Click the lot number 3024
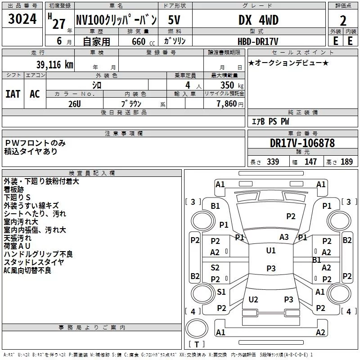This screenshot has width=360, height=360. click(x=22, y=19)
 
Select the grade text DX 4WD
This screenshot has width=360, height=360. click(x=258, y=20)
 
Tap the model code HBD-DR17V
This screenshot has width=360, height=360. click(x=258, y=41)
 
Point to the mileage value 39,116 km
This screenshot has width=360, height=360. click(x=54, y=65)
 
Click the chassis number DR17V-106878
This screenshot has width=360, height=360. click(x=302, y=143)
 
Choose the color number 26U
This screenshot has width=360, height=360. click(x=75, y=104)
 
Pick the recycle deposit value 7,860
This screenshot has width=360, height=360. click(x=227, y=104)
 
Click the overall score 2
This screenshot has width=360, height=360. click(x=343, y=21)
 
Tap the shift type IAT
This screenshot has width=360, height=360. click(x=13, y=94)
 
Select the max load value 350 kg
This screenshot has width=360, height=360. click(x=232, y=85)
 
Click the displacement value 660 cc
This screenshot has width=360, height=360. click(x=143, y=41)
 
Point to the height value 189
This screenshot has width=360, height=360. click(x=346, y=162)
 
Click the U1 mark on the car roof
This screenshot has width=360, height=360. click(x=271, y=251)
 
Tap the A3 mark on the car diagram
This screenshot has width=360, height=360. click(x=284, y=237)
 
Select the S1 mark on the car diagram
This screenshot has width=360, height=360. click(x=221, y=292)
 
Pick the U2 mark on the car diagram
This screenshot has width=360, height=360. click(x=253, y=299)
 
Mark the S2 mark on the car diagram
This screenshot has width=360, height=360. click(x=215, y=267)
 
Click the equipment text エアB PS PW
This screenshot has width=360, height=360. click(x=270, y=121)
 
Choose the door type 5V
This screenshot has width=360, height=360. click(x=174, y=20)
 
